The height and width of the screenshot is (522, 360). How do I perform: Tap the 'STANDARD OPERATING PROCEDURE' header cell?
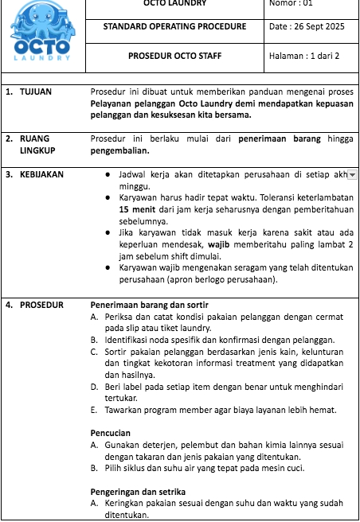point(174,27)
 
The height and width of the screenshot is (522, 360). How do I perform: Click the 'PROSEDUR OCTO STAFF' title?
point(174,56)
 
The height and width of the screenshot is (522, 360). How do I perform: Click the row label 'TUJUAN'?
point(36,92)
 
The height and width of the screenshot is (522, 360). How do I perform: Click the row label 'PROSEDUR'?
point(41,305)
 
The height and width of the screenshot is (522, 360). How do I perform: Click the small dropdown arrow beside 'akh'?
point(353,174)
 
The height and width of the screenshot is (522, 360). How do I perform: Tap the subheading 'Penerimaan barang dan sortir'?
point(143,305)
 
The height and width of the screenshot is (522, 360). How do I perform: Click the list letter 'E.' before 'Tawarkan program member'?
point(95,410)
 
